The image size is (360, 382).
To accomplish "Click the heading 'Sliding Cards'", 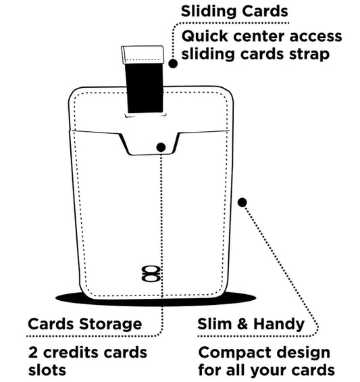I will [x=233, y=11].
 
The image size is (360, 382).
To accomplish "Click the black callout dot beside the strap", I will [x=173, y=63].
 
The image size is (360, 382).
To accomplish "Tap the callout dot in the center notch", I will [x=161, y=147].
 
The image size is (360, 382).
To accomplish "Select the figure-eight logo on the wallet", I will [x=149, y=274].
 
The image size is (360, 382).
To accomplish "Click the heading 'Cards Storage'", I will [x=84, y=324].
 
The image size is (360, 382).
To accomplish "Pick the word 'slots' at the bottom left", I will [x=47, y=371].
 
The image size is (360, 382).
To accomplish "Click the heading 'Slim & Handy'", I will [x=251, y=324].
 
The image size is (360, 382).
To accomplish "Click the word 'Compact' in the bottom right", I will [x=231, y=354].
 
